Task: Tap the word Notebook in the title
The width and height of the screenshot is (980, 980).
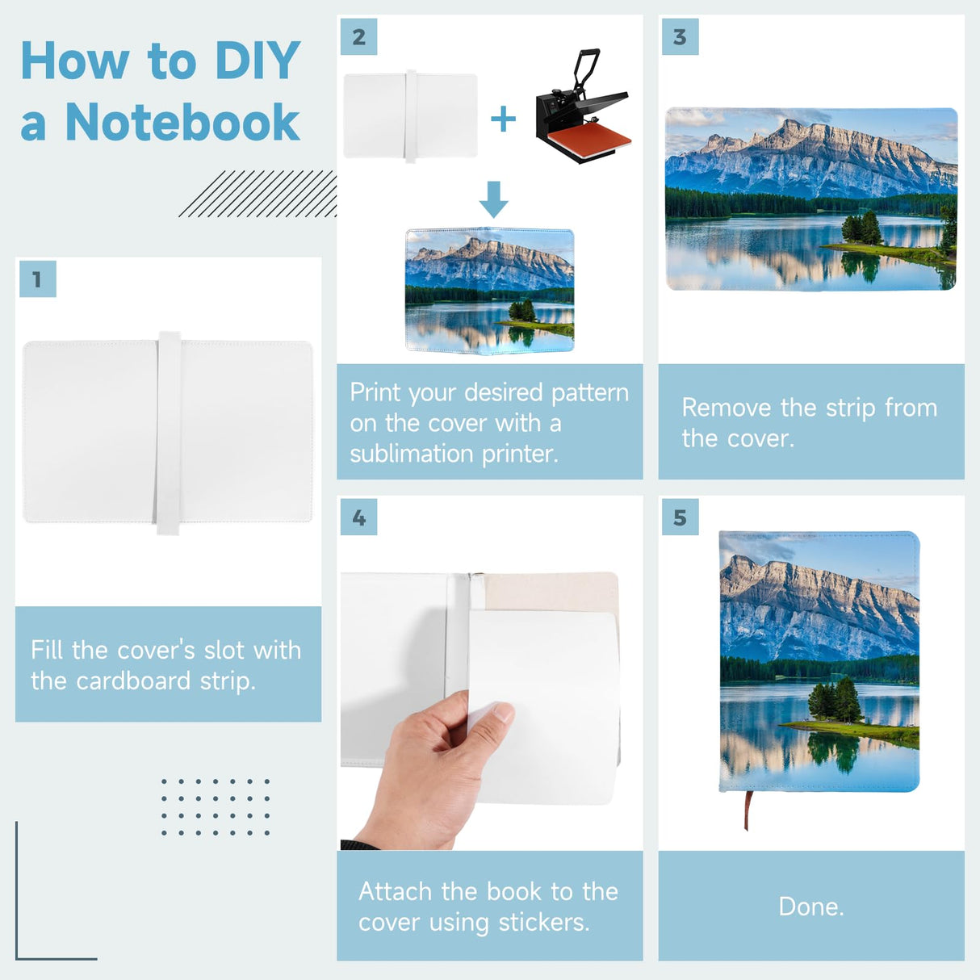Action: [182, 122]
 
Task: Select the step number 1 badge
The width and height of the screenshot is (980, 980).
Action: [38, 279]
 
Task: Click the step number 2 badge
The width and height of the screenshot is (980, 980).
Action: [358, 36]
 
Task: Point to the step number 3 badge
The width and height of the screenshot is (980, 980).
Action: [680, 36]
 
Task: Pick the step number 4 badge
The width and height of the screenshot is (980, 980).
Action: [358, 517]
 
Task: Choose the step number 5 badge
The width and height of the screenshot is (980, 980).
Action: [680, 517]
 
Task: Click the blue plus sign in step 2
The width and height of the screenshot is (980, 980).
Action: [503, 119]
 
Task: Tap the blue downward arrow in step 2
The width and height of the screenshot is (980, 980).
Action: [493, 199]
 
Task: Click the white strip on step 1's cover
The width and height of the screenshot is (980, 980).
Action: [169, 433]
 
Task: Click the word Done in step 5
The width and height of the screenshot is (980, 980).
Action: [811, 907]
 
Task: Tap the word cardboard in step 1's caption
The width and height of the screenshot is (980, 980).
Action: [133, 681]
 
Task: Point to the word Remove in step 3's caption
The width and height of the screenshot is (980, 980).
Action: [727, 408]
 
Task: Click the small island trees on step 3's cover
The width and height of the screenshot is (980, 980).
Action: [861, 228]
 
